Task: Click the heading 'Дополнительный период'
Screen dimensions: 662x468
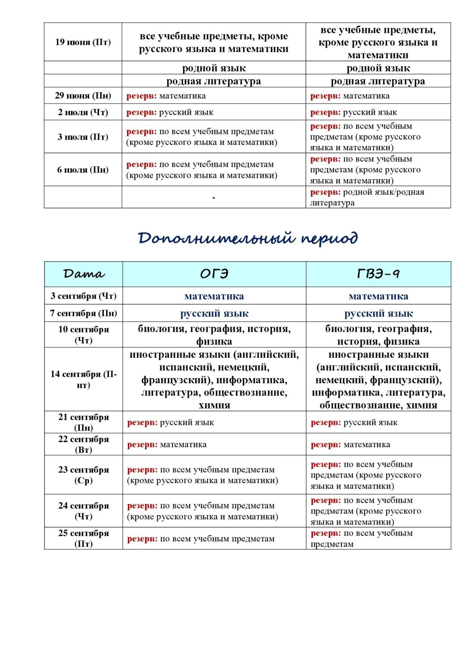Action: (248, 238)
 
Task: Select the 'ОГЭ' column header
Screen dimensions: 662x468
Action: (214, 274)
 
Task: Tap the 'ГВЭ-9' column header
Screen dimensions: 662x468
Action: (378, 274)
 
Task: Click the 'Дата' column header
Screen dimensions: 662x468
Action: (84, 274)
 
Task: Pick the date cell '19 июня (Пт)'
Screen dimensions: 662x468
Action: (83, 42)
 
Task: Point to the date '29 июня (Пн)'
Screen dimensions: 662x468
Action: (83, 96)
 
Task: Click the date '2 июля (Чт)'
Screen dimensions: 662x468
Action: (83, 112)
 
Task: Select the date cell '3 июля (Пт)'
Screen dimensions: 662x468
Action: (83, 137)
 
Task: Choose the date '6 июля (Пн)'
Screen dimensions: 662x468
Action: (83, 170)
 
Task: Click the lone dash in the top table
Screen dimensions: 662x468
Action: (214, 198)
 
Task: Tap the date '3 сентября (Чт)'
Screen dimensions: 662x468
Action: (84, 296)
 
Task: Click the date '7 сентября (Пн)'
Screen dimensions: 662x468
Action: (84, 313)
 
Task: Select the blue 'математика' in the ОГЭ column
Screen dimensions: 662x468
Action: (214, 296)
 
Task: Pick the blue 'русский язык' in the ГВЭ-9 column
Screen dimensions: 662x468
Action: (378, 313)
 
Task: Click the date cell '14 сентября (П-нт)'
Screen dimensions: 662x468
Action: (84, 379)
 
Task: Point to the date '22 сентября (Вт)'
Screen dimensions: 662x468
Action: (84, 444)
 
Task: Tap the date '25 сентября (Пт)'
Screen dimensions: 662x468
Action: (84, 538)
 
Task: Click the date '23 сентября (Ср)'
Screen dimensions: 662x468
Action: (84, 475)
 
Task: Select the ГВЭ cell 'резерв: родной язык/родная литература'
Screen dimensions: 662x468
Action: (367, 197)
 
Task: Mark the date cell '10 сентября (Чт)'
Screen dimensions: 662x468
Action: (84, 335)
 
